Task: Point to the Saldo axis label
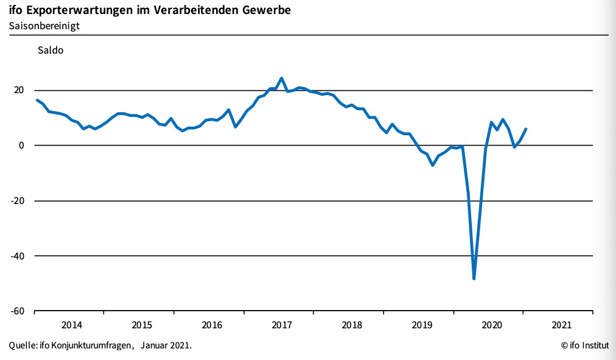[51, 51]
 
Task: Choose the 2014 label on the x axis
[71, 325]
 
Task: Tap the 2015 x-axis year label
[141, 325]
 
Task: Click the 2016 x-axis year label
[211, 325]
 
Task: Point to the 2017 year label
[281, 325]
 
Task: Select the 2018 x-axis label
[351, 325]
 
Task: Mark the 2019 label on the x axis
[421, 325]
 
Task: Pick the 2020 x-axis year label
[491, 325]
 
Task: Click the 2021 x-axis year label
[561, 325]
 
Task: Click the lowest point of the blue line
[474, 278]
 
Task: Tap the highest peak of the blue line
[281, 78]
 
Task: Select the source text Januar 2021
[166, 346]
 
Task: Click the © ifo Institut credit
[584, 346]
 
